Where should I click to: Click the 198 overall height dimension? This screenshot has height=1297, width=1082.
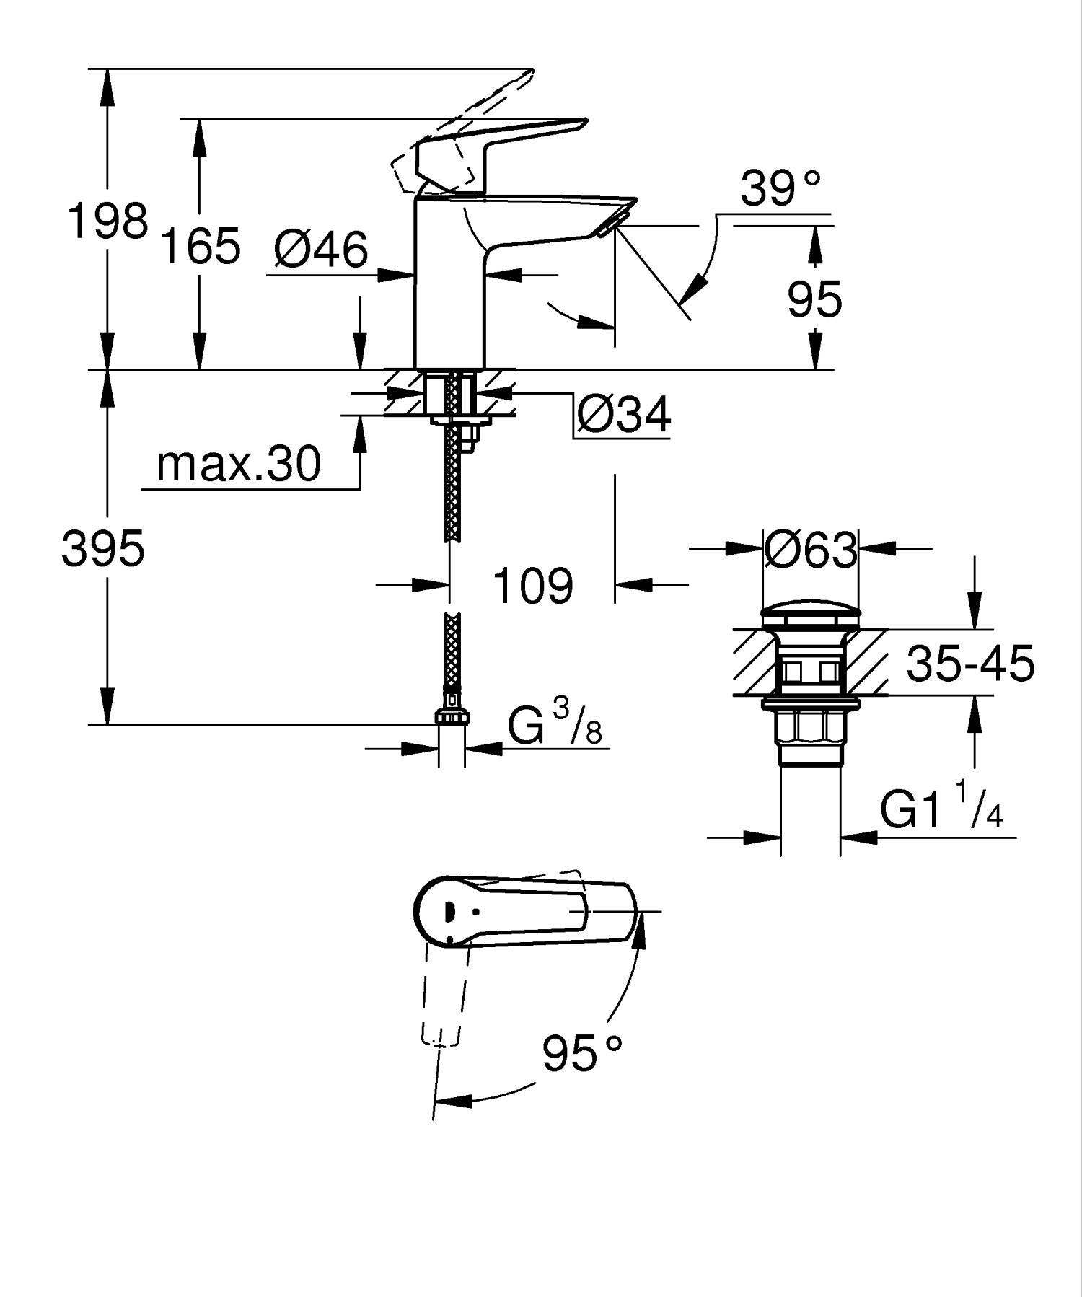pyautogui.click(x=107, y=221)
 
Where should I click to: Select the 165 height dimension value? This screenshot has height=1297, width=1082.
pyautogui.click(x=199, y=246)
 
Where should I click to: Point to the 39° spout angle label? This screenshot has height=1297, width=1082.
pyautogui.click(x=780, y=189)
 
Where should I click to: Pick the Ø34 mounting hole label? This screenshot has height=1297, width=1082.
pyautogui.click(x=624, y=414)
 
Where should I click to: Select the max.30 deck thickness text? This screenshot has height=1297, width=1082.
pyautogui.click(x=238, y=464)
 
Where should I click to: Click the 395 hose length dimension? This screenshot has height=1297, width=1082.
pyautogui.click(x=103, y=548)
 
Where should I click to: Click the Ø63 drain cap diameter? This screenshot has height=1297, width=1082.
pyautogui.click(x=810, y=550)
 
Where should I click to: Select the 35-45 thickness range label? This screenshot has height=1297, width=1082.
pyautogui.click(x=969, y=664)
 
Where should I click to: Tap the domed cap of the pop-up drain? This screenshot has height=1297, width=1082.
pyautogui.click(x=811, y=615)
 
